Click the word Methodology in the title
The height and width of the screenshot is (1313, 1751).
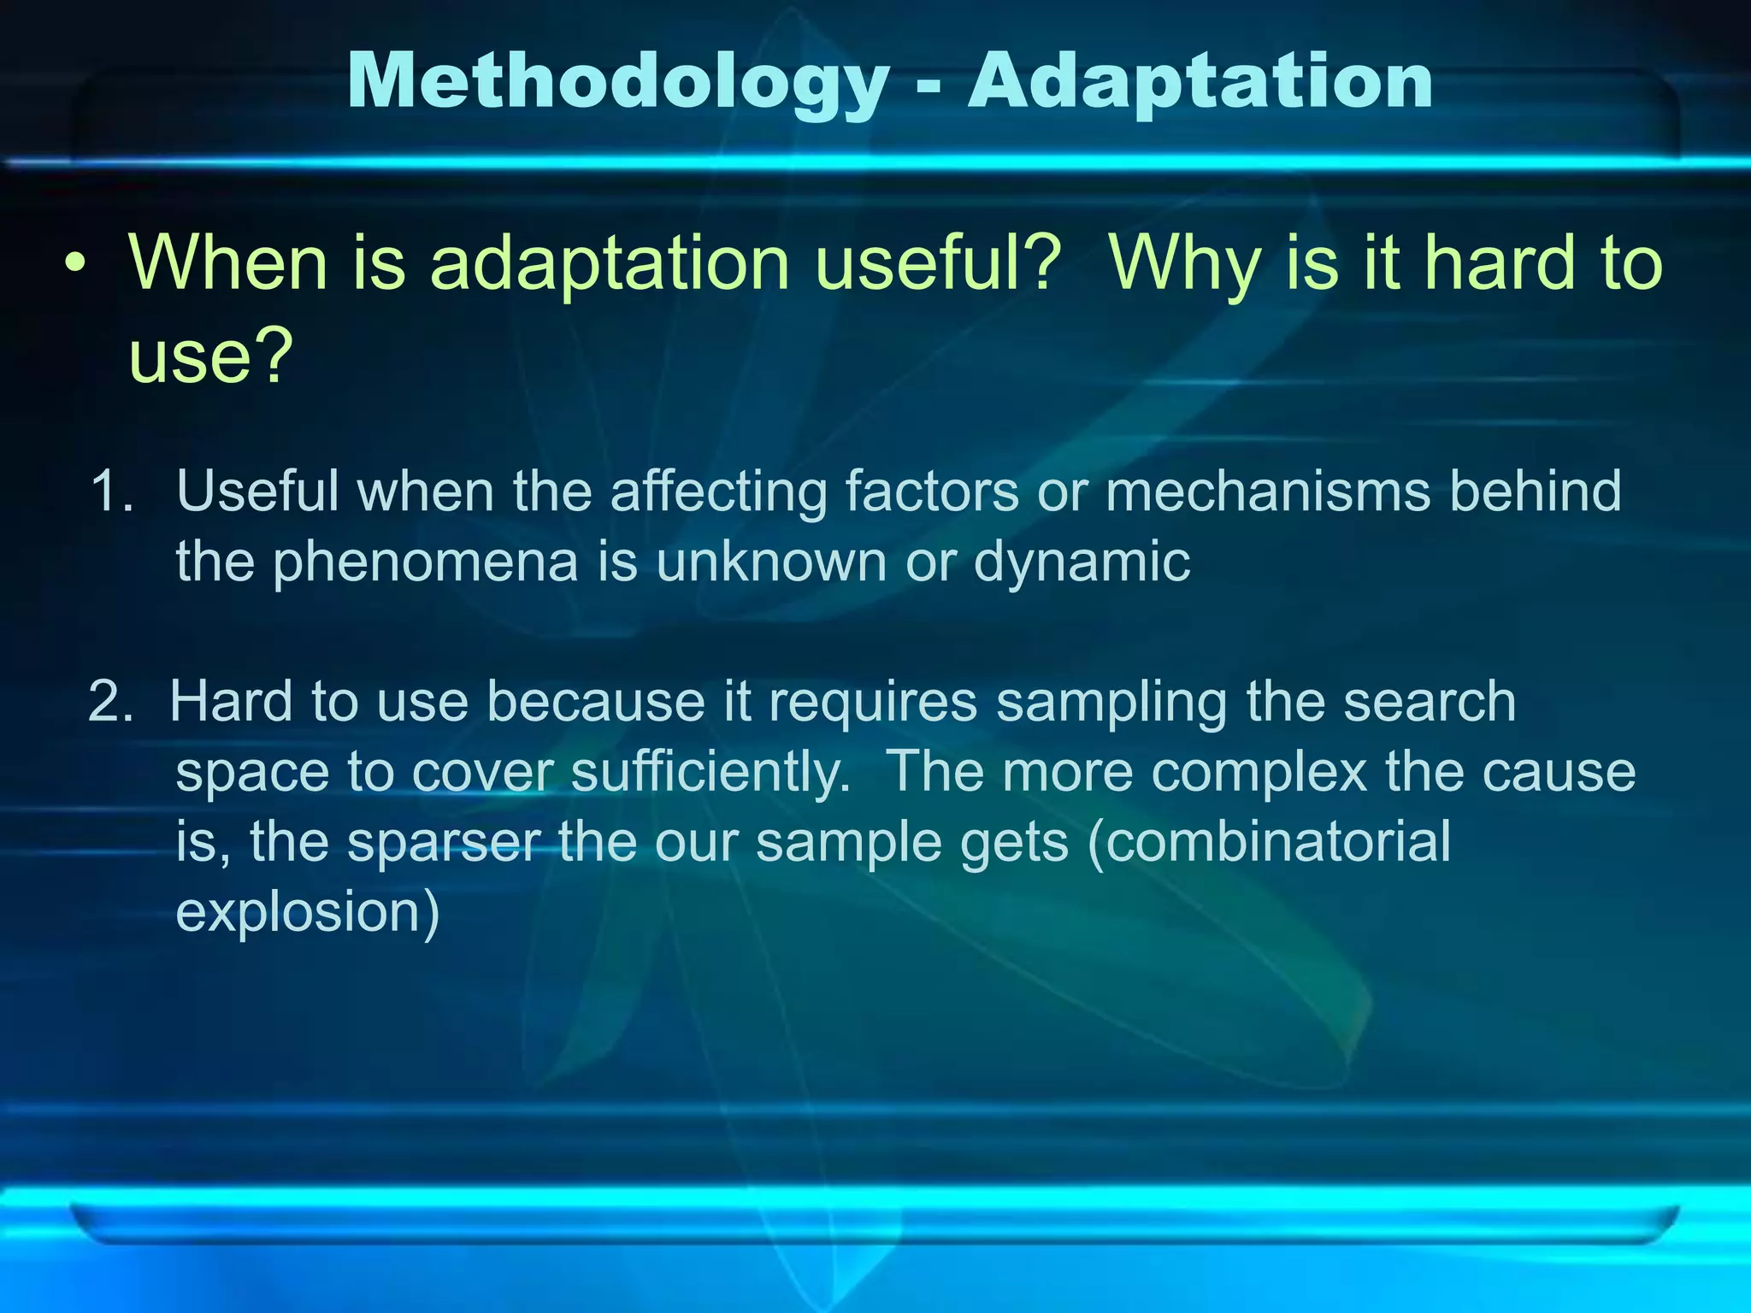618,83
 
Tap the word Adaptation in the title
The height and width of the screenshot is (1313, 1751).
1200,83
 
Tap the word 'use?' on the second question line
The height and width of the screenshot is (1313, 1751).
211,356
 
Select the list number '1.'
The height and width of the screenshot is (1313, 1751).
113,492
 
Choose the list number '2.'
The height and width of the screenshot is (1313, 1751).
111,702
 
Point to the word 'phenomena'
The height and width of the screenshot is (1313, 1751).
425,563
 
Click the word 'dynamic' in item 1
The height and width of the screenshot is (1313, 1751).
1082,563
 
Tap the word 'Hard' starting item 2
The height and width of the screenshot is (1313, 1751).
231,702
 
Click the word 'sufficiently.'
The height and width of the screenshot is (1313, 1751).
710,773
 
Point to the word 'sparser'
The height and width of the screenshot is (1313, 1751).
443,843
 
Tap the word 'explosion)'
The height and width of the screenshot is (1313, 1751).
308,914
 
